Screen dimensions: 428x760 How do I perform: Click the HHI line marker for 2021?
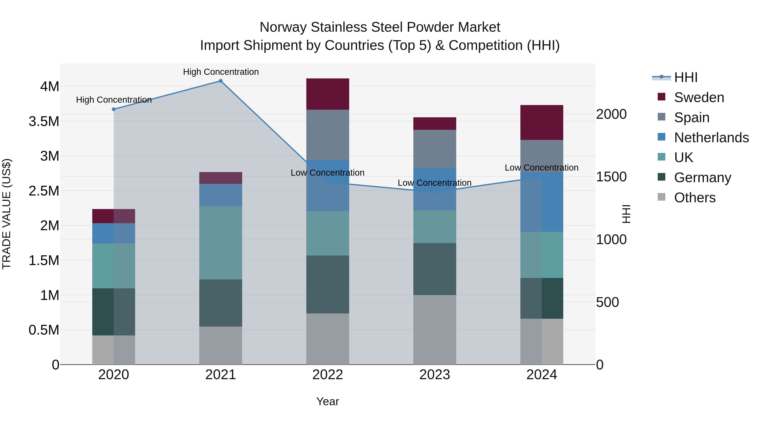pyautogui.click(x=220, y=81)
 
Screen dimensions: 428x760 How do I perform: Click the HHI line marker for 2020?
pyautogui.click(x=114, y=109)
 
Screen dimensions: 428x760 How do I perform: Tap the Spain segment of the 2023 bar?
pyautogui.click(x=435, y=149)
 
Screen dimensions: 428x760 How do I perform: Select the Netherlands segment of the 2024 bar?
pyautogui.click(x=542, y=202)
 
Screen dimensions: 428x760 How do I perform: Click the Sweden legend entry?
pyautogui.click(x=699, y=97)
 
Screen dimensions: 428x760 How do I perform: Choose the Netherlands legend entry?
pyautogui.click(x=711, y=138)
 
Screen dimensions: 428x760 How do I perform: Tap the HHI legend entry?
pyautogui.click(x=686, y=77)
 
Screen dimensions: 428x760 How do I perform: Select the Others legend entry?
pyautogui.click(x=695, y=198)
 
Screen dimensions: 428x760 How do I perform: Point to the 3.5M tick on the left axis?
pyautogui.click(x=44, y=121)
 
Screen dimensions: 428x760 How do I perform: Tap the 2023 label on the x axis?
pyautogui.click(x=435, y=375)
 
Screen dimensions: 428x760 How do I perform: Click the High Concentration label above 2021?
pyautogui.click(x=221, y=72)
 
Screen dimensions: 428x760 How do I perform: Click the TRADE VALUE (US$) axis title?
pyautogui.click(x=7, y=214)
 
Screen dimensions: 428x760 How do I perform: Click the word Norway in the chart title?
pyautogui.click(x=283, y=27)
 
